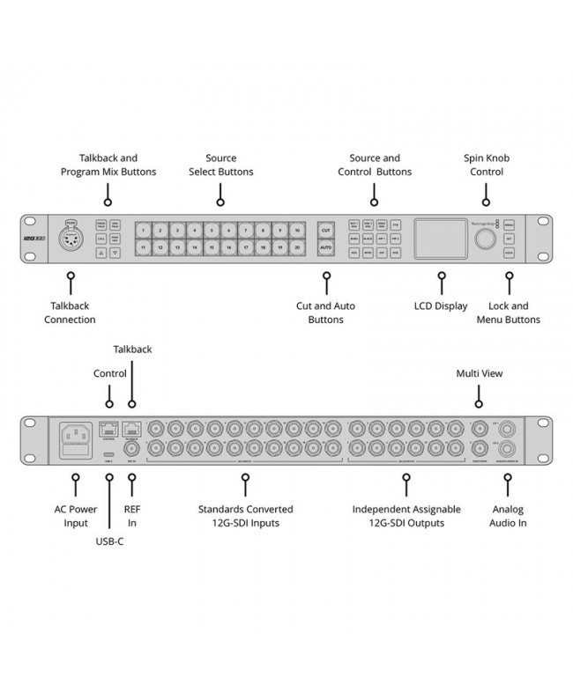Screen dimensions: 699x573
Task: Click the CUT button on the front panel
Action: pyautogui.click(x=325, y=230)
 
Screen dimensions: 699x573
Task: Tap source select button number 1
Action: pyautogui.click(x=145, y=230)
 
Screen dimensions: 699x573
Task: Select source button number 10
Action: pyautogui.click(x=299, y=230)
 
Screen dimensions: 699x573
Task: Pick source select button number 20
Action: pyautogui.click(x=299, y=249)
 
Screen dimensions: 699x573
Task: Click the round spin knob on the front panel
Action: pyautogui.click(x=483, y=239)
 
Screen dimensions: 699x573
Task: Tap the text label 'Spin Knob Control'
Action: pyautogui.click(x=487, y=165)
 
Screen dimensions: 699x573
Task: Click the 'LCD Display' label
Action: pyautogui.click(x=441, y=306)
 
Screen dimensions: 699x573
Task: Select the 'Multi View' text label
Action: pyautogui.click(x=480, y=373)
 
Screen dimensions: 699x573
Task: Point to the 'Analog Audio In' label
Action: pyautogui.click(x=507, y=516)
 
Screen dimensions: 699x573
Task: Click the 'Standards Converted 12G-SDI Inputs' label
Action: pyautogui.click(x=246, y=516)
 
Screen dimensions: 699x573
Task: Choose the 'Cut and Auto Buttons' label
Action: pyautogui.click(x=326, y=313)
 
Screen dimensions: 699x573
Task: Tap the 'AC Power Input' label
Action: pyautogui.click(x=75, y=516)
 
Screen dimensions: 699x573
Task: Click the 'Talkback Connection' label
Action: pyautogui.click(x=70, y=313)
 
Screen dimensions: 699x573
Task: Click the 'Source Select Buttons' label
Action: pyautogui.click(x=220, y=165)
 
